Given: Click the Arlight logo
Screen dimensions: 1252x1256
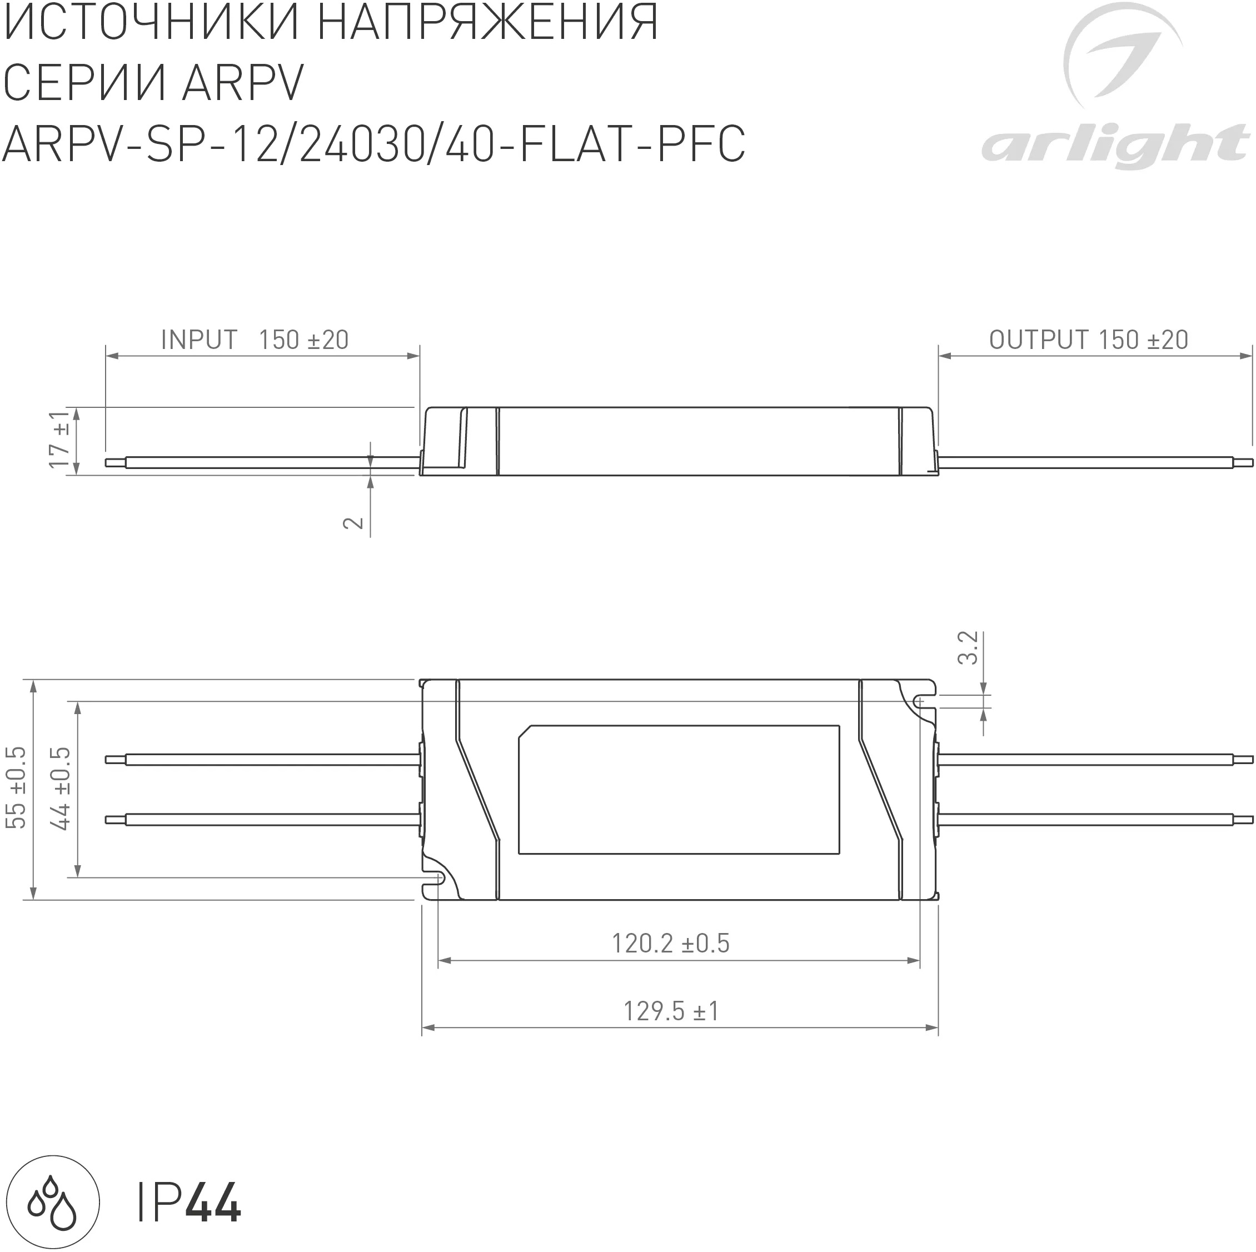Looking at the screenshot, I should pos(1114,91).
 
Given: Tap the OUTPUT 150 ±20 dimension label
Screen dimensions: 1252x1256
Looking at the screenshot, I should pos(1088,340).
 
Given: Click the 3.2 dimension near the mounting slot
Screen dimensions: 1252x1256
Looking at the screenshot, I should pos(968,647).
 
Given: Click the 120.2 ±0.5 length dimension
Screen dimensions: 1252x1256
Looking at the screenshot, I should pos(670,943).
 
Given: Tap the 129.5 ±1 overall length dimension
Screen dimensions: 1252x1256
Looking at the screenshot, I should pos(670,1011).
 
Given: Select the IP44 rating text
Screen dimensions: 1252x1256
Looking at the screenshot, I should pos(188,1203).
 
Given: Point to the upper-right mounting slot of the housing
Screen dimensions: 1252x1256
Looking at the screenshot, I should pos(920,701).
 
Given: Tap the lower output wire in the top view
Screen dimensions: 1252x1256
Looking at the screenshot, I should pos(1092,820).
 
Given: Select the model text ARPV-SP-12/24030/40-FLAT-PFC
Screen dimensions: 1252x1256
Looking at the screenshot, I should pos(374,144).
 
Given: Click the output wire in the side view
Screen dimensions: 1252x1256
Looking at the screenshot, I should pos(1092,462).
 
